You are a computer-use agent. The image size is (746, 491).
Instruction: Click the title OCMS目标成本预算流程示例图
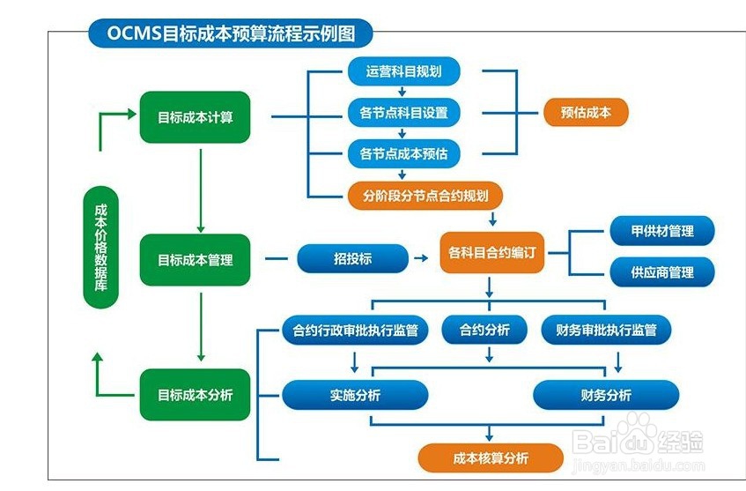coord(230,33)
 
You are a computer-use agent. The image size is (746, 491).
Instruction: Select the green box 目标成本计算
coord(195,117)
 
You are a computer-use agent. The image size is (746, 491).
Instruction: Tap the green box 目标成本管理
coord(195,260)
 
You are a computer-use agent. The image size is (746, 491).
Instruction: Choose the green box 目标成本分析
coord(195,395)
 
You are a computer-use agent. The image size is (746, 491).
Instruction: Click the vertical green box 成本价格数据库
coord(101,248)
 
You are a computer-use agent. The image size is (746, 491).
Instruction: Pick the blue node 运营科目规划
coord(404,71)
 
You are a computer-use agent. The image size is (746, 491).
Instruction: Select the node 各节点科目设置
coord(404,113)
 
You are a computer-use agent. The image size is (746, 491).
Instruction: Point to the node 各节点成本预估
coord(404,154)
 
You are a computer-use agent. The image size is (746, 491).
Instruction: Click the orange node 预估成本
coord(586,112)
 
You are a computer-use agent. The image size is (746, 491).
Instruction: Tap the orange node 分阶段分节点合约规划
coord(425,196)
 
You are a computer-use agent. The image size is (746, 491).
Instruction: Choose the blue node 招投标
coord(352,258)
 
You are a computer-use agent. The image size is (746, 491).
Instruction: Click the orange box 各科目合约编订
coord(492,252)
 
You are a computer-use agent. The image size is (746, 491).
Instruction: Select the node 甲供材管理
coord(662,231)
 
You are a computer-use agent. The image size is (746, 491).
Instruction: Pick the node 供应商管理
coord(662,272)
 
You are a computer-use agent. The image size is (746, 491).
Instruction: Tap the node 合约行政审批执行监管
coord(355,330)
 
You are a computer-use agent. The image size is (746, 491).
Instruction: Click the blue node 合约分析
coord(484,330)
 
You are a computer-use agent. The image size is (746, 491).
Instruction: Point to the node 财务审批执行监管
coord(606,330)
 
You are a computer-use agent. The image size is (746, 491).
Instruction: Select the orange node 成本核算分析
coord(491,458)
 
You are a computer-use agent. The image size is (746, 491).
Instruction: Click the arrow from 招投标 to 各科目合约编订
coord(421,258)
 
